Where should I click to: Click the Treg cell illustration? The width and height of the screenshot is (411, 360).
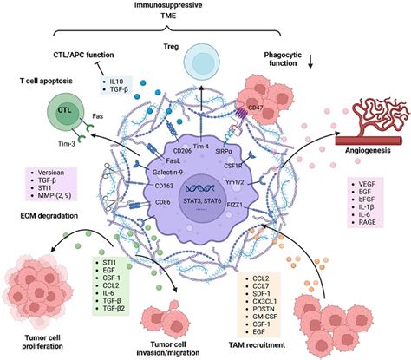pos(202,62)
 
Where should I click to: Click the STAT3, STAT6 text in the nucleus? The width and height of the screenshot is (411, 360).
pos(202,200)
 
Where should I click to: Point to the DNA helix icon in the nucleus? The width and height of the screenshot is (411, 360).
pos(200,188)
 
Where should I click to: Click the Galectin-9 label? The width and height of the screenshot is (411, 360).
pos(167,173)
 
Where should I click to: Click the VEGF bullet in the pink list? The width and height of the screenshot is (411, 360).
pos(367,184)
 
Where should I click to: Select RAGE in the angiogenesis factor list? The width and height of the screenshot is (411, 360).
pos(367,222)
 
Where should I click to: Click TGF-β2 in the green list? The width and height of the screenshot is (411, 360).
pos(114,309)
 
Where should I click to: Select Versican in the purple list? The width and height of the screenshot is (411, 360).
pos(51,173)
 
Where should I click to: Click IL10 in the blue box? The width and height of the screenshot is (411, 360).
pos(116,82)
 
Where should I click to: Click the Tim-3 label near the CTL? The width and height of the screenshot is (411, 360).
pos(66,143)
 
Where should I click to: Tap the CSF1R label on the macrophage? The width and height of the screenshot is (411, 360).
pos(232,166)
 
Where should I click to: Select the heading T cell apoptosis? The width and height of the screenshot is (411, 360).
pos(46,81)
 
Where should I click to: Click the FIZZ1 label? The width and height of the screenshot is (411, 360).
pos(234,205)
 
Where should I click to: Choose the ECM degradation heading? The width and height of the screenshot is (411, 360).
pos(49,216)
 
